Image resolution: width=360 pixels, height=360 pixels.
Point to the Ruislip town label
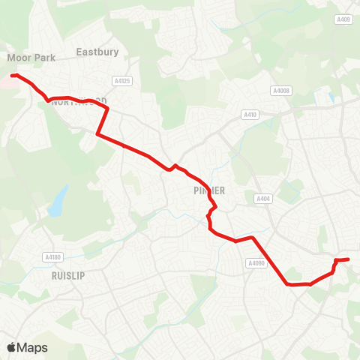(68, 275)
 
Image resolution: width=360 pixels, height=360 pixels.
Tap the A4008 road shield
(281, 91)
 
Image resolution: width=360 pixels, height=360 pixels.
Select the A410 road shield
(250, 115)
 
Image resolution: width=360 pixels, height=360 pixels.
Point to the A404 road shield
(262, 199)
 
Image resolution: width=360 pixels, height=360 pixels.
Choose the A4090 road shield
(256, 263)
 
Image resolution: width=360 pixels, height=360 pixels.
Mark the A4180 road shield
(52, 256)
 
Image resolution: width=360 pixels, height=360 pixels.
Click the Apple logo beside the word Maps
(10, 347)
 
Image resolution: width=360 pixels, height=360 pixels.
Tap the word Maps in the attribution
(32, 347)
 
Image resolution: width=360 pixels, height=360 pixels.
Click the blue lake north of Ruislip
(55, 202)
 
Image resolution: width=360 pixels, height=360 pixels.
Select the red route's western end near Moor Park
(13, 75)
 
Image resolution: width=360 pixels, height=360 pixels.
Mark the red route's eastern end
(348, 259)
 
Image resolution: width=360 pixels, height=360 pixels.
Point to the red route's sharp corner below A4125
(108, 109)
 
